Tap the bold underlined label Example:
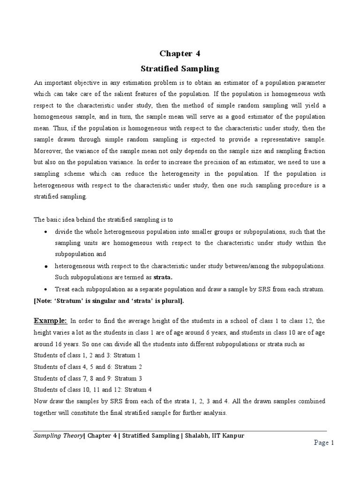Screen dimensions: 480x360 [x=51, y=321]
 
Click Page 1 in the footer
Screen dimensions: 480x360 [x=323, y=443]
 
